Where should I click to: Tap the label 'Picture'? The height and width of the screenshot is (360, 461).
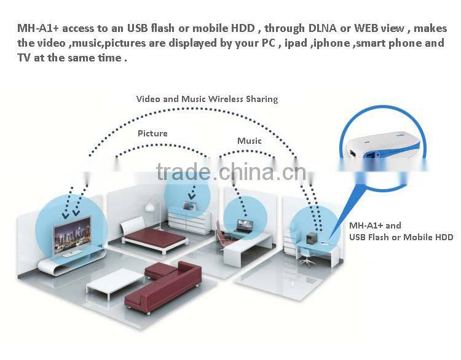[152, 133]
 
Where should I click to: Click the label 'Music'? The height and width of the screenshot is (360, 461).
[250, 141]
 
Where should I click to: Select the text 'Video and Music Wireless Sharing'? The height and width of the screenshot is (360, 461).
[207, 99]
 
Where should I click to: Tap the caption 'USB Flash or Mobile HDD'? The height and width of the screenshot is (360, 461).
[401, 237]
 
